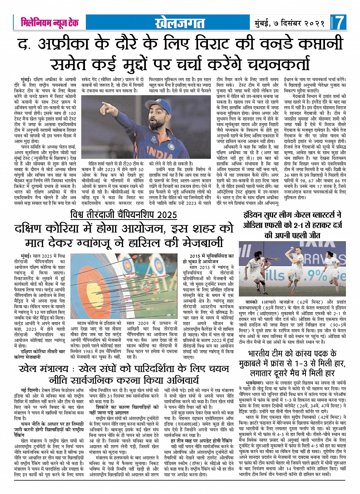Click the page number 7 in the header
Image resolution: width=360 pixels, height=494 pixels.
[339, 23]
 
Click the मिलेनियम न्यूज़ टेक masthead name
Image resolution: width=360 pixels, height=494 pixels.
[50, 23]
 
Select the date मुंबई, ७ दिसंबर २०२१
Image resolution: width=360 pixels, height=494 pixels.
[289, 23]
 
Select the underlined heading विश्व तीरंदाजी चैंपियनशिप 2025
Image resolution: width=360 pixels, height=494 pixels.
[124, 215]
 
